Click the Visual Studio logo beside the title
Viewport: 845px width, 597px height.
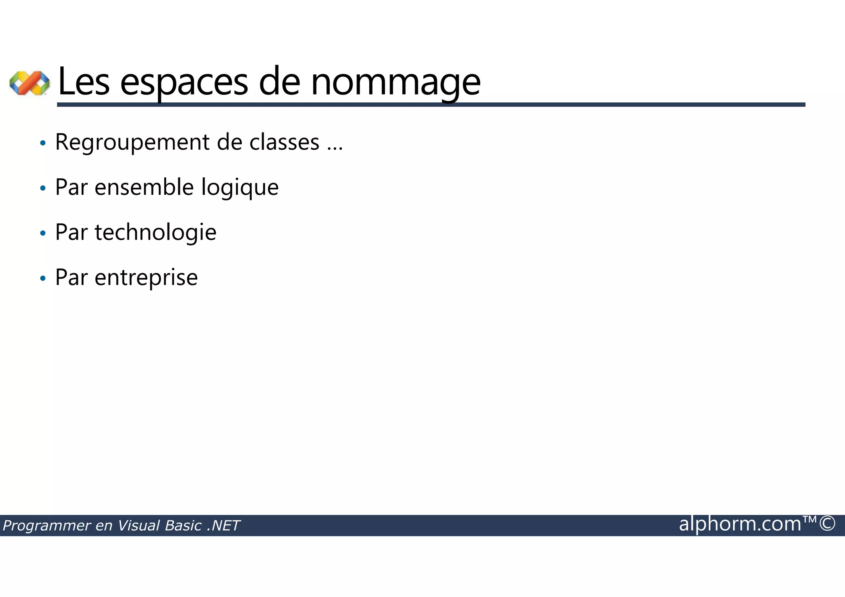click(29, 83)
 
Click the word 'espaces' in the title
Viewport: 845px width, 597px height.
click(184, 82)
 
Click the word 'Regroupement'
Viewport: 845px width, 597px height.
click(132, 143)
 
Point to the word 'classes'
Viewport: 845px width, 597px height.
click(284, 142)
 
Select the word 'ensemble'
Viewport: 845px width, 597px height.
click(144, 187)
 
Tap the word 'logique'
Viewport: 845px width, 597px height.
click(240, 188)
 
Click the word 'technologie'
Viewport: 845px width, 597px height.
click(156, 232)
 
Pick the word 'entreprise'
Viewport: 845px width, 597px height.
click(146, 278)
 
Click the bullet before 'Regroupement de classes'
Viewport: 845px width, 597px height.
click(42, 144)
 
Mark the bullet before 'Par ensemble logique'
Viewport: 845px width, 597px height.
click(42, 189)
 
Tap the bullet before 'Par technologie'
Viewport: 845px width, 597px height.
click(42, 234)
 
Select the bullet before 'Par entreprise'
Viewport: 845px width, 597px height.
click(42, 278)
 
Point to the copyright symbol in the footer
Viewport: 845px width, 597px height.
click(827, 524)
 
